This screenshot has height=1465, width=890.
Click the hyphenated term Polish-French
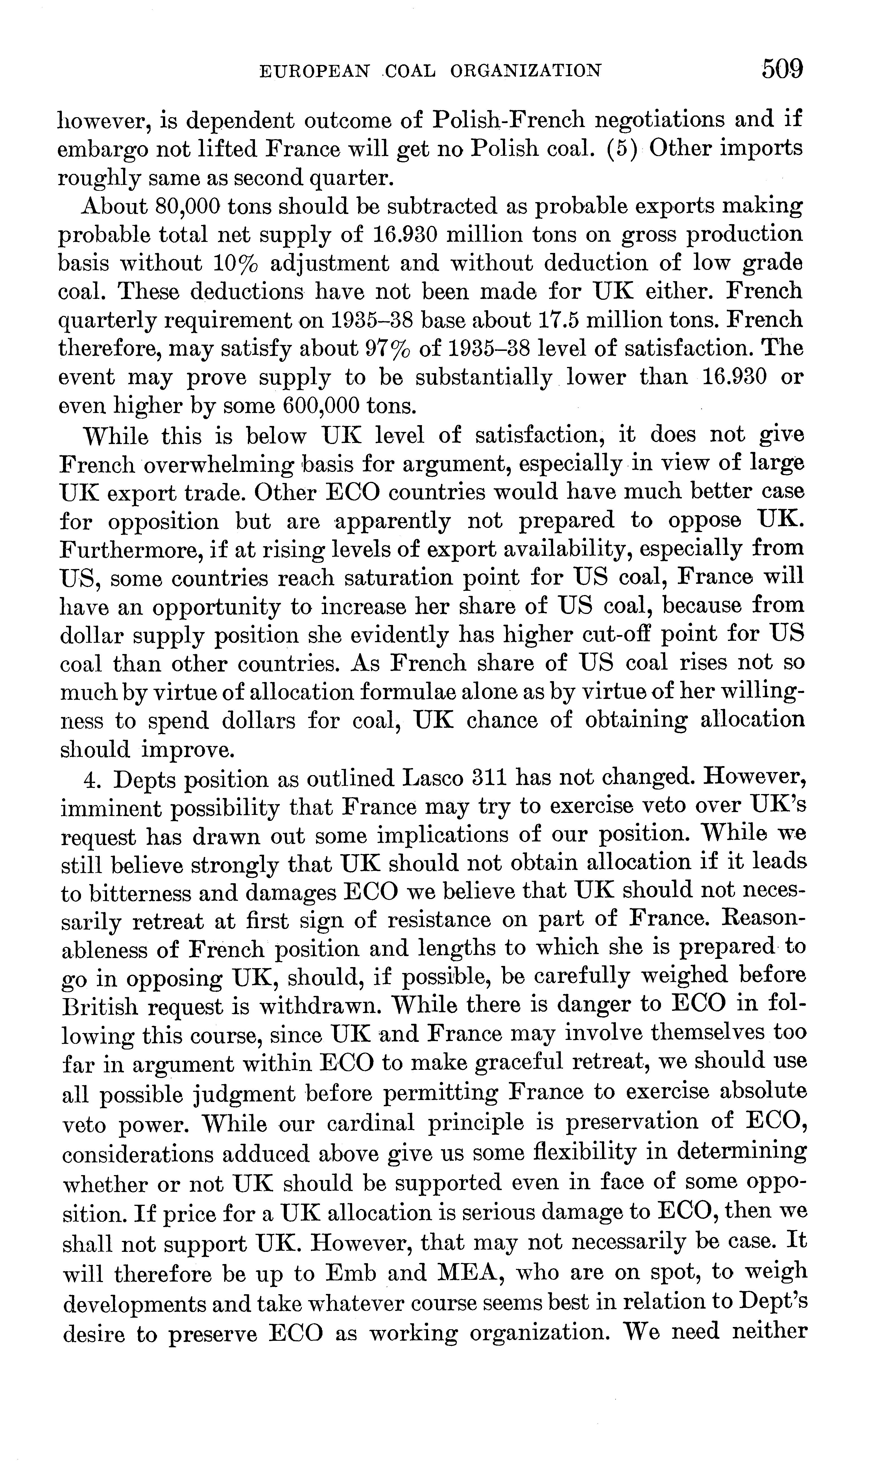pos(509,119)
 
